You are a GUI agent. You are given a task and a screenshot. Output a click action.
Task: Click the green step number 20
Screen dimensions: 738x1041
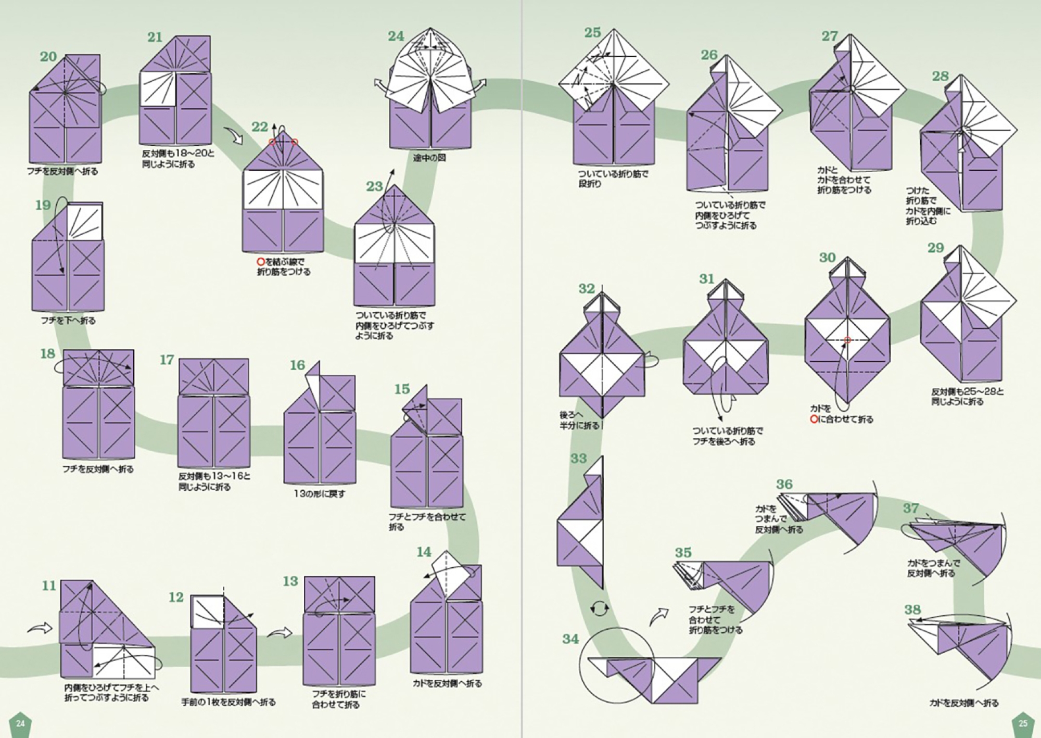tap(48, 56)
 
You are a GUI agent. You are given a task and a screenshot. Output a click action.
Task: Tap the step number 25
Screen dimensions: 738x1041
tap(592, 32)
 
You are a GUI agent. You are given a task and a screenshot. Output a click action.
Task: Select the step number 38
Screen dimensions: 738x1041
tap(912, 609)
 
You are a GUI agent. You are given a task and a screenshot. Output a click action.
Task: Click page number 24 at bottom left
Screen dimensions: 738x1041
tap(20, 723)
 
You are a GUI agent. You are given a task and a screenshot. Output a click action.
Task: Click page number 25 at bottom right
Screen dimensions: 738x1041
tap(1022, 723)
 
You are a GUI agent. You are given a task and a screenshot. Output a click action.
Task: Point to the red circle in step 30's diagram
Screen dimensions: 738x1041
tap(847, 340)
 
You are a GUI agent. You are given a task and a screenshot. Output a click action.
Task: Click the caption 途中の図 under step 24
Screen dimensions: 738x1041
tap(430, 157)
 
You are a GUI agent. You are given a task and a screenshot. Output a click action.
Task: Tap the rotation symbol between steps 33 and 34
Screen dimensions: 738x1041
tap(599, 608)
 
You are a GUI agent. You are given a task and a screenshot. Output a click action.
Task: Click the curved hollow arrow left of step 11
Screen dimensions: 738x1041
tap(40, 628)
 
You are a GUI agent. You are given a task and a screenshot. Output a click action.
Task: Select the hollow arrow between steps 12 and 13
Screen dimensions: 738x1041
tap(280, 633)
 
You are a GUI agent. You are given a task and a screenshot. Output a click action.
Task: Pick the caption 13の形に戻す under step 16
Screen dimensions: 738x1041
tap(319, 493)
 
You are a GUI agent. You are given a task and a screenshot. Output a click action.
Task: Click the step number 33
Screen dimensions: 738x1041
tap(578, 459)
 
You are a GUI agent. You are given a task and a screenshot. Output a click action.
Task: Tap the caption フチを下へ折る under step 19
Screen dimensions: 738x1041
tap(68, 321)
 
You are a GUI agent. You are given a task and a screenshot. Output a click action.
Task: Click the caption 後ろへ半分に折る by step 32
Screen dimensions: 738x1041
tap(579, 420)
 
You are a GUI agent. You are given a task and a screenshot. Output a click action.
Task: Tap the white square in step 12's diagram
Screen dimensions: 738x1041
tap(207, 612)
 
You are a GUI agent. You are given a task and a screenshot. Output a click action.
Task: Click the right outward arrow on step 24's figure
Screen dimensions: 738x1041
tap(479, 83)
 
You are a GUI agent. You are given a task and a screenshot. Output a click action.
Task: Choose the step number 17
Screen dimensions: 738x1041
tap(167, 360)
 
